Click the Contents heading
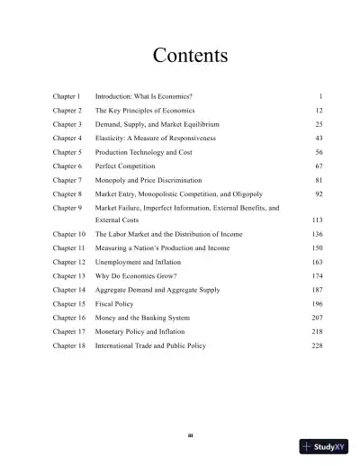(190, 55)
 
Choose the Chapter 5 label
(67, 153)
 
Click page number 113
(317, 220)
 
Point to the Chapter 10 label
(68, 234)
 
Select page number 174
(317, 276)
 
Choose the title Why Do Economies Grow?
(139, 276)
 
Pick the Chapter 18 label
(68, 345)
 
